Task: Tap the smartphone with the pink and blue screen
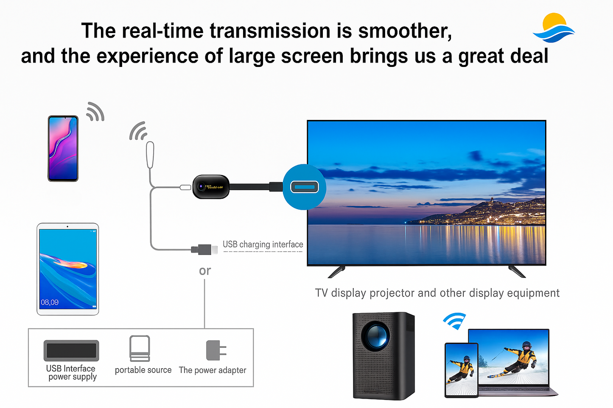63,148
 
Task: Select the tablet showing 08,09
68,269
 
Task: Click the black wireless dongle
211,186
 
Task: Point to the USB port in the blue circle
304,187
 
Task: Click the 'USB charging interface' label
263,244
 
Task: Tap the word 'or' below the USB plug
205,271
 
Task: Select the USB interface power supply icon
71,350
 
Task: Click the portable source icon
140,348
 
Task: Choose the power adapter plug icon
215,350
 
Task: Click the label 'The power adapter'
212,370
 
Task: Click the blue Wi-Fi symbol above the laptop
455,321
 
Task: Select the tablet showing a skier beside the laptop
461,369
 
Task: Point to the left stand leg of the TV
337,272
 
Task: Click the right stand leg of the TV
517,272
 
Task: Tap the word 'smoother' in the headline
405,31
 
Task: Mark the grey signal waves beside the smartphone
95,112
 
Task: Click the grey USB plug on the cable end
204,249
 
